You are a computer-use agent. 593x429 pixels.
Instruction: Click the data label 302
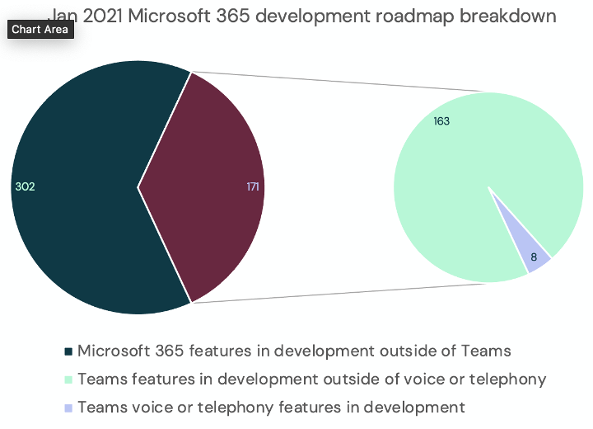25,187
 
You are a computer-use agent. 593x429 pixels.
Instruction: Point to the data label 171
253,187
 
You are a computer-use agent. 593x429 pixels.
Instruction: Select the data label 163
441,121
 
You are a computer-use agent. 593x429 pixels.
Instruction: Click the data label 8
534,257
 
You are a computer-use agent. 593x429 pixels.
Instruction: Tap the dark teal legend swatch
68,352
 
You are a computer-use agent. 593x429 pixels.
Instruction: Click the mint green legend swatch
68,380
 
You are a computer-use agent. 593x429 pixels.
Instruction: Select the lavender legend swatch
68,408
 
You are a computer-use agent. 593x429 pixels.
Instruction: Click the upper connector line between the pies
338,82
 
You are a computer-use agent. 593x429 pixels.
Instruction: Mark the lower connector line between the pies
338,294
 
